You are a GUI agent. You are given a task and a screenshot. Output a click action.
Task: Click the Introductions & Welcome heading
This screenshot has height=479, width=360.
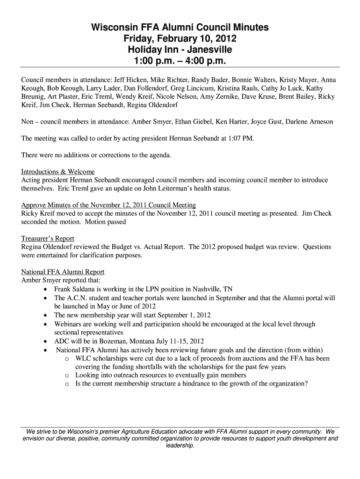58,172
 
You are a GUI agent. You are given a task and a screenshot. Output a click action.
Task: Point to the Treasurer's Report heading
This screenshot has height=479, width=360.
48,239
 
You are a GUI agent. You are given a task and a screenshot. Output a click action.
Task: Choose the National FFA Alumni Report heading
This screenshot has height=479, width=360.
63,272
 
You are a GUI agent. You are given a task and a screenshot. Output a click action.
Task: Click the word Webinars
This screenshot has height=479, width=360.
69,324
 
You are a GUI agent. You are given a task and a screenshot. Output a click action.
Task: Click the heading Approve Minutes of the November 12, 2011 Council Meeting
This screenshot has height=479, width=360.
108,205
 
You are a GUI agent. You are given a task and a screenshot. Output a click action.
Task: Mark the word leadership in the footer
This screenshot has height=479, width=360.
180,446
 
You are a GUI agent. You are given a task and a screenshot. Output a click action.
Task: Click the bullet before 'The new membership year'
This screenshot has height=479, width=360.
44,315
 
